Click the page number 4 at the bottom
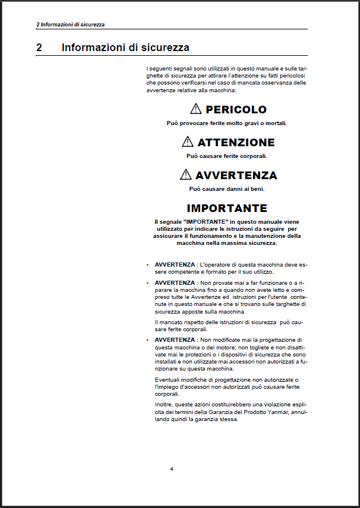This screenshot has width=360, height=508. point(171,469)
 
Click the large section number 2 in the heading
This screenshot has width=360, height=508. point(39,48)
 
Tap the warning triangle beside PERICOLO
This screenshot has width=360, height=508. point(196,109)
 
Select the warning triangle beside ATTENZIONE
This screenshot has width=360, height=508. point(187,142)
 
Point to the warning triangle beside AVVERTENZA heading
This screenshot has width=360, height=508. point(186,174)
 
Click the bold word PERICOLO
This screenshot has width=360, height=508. point(236,109)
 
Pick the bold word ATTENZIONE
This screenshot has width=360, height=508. point(236,142)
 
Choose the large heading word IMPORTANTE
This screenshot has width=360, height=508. point(227,208)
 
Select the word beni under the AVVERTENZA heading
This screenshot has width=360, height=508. point(257,189)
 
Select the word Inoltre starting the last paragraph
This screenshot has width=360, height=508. point(164,405)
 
